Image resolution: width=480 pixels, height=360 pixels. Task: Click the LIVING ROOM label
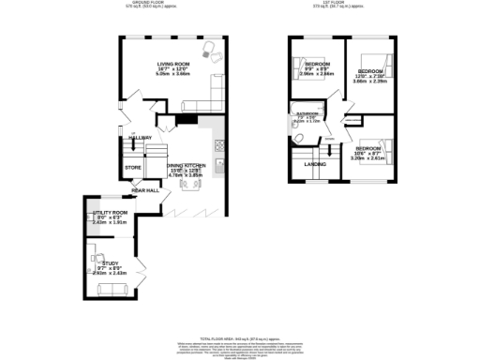click(172, 65)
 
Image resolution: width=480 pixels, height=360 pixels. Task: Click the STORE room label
click(132, 169)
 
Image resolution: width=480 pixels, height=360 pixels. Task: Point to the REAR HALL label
click(145, 190)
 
